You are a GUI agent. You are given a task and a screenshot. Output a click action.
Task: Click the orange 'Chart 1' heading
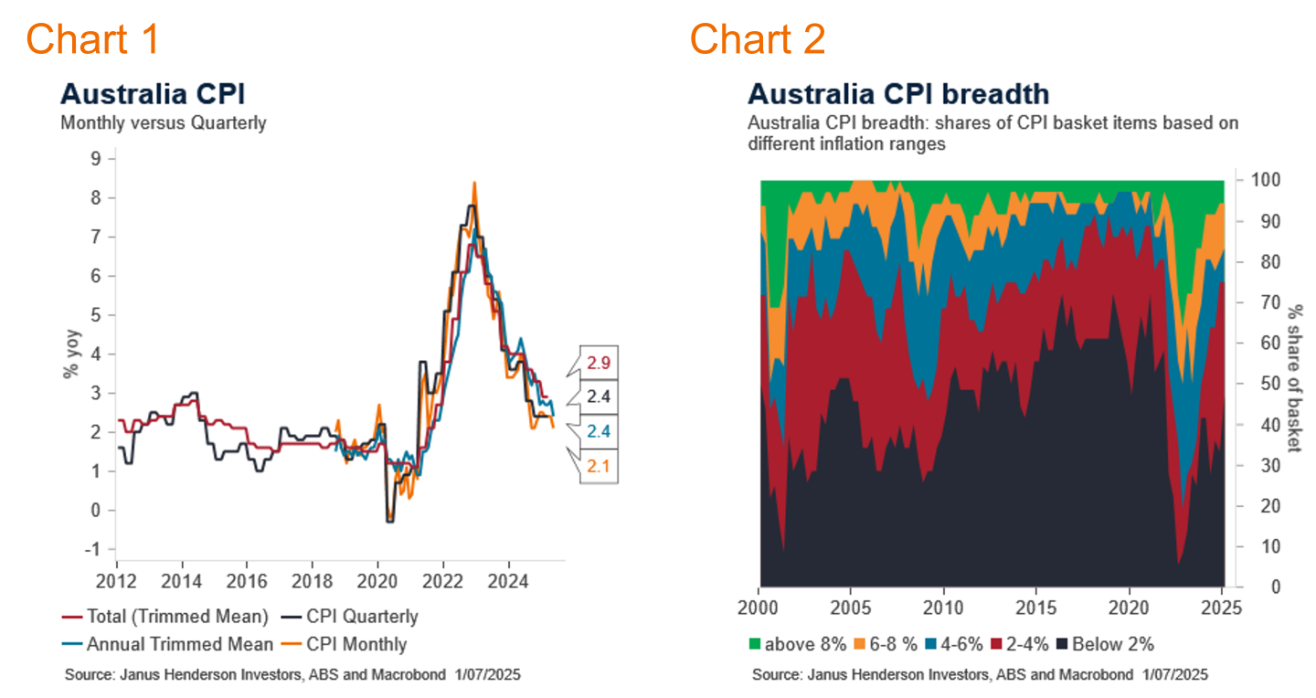92,38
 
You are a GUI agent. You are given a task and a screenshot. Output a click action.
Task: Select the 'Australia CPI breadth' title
898,94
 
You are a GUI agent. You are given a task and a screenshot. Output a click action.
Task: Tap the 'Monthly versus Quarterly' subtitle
164,122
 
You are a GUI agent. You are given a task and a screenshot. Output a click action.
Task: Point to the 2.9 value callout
599,363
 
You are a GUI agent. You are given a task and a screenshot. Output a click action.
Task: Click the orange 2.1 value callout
599,466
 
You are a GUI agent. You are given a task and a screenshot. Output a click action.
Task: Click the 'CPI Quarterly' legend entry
362,616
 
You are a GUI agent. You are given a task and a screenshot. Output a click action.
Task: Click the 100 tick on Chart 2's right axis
1258,180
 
